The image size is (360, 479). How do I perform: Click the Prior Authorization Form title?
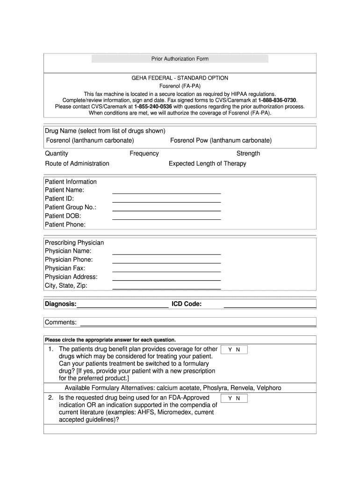coord(180,59)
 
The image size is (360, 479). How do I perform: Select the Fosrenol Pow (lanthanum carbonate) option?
coord(221,140)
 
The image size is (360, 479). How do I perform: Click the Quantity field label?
coord(57,153)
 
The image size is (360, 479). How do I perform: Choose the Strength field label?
coord(248,153)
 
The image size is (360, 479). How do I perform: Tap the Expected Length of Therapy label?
coord(207,164)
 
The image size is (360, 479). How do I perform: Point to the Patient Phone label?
coord(65,225)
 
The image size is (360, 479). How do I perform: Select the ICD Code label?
coord(187,305)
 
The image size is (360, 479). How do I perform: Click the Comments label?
coord(61,322)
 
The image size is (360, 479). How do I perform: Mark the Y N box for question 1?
coord(234,350)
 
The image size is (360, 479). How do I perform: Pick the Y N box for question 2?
coord(234,399)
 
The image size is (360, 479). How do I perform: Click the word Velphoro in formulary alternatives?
coord(269,388)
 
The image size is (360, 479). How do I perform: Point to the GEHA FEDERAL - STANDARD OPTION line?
coord(180,78)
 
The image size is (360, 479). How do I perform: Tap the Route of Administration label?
coord(77,164)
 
